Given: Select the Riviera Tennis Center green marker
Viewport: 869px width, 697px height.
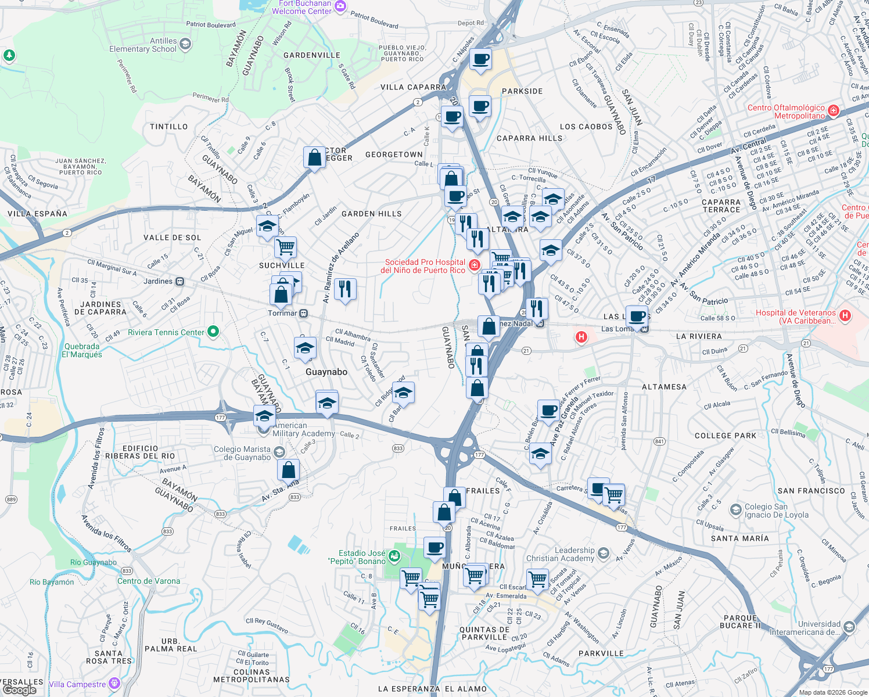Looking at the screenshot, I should (x=213, y=332).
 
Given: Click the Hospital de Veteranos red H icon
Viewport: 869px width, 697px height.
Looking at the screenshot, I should (x=845, y=315).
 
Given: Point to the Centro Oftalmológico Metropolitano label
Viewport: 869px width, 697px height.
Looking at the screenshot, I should (x=786, y=112).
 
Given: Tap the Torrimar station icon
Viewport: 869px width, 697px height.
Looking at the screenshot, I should (x=303, y=314).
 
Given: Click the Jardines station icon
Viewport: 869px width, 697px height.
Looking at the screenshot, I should (x=180, y=282).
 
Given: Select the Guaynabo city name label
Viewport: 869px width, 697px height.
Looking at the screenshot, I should (x=326, y=372).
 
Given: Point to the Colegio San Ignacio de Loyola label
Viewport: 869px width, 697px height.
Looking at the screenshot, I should (x=776, y=511).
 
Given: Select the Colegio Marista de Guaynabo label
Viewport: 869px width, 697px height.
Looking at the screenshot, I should (x=242, y=453).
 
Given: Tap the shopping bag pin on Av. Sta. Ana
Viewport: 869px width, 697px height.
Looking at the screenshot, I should (x=288, y=469).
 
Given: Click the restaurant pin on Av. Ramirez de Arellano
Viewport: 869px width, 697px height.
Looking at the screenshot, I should (x=346, y=289).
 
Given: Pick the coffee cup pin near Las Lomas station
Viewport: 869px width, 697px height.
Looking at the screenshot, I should (x=637, y=317).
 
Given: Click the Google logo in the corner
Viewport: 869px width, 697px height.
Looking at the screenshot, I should (x=19, y=689).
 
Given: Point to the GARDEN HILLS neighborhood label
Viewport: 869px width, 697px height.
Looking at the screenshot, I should (x=371, y=214).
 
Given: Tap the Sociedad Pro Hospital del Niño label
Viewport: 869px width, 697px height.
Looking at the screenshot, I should (x=425, y=266).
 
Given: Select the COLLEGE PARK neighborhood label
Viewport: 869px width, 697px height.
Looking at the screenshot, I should (x=726, y=436).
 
